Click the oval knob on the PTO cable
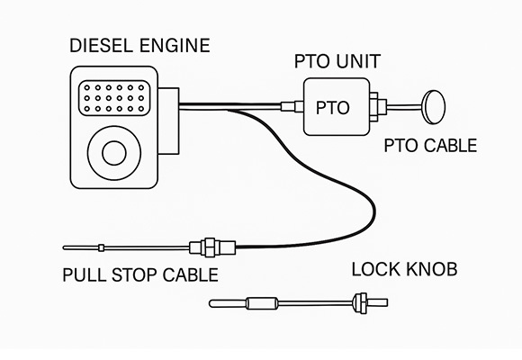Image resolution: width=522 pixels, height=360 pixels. (x=434, y=105)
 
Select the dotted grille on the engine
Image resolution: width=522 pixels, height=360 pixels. (x=112, y=95)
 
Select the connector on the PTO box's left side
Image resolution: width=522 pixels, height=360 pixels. (x=288, y=107)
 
